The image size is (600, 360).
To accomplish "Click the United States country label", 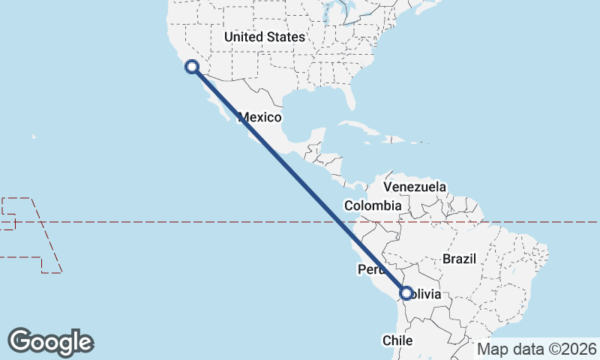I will coord(265,37).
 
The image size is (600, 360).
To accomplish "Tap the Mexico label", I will coord(259,117).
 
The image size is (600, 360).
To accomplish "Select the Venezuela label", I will coord(415,187).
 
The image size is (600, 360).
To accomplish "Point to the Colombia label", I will coord(373,205).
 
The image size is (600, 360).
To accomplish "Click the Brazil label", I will coord(460,259).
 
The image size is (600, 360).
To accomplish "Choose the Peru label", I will coord(370,269).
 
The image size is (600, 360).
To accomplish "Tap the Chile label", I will coord(398,340).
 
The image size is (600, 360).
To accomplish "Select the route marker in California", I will coord(192,67).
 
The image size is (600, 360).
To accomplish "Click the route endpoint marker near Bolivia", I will coord(406,294).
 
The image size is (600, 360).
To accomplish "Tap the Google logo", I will coord(50,342).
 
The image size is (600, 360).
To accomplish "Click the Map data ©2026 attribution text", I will coord(537,349).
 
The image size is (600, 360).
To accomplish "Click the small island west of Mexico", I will coord(34,136).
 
